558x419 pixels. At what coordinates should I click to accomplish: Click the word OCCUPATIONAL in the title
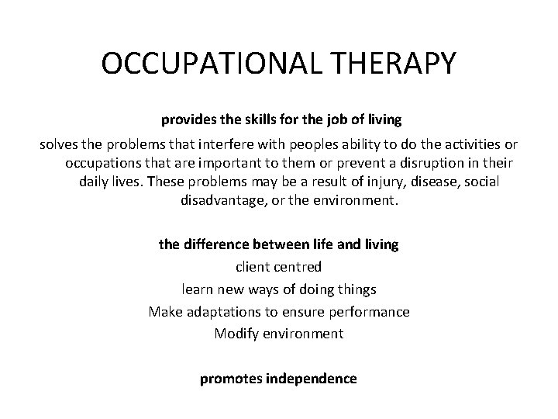click(200, 64)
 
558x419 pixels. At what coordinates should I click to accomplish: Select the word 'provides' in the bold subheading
click(186, 120)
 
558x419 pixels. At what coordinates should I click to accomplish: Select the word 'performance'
click(367, 312)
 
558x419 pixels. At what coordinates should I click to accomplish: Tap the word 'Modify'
click(236, 334)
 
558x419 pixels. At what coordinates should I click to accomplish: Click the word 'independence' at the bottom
click(311, 379)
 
